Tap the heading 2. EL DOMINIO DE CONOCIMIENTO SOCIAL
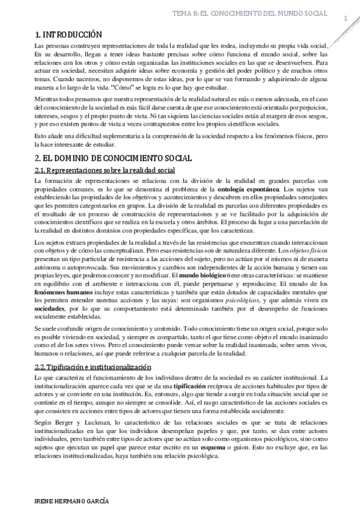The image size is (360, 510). (113, 158)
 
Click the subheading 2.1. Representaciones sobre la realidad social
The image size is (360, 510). (105, 171)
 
